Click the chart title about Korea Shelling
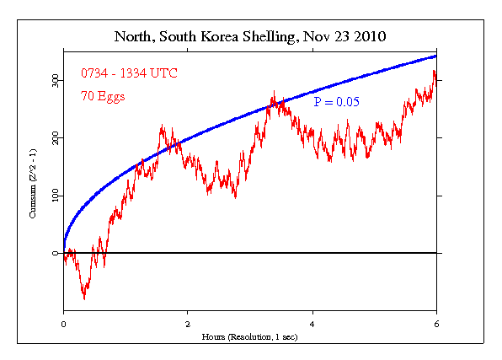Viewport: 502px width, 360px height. (250, 38)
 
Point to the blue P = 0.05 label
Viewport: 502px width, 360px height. (336, 101)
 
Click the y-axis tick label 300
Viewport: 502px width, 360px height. (53, 79)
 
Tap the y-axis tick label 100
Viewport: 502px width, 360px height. (53, 196)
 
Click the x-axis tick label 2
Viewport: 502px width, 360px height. (188, 323)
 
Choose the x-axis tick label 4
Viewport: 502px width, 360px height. (312, 323)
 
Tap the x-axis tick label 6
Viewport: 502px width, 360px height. (436, 323)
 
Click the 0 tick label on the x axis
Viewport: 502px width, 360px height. (64, 323)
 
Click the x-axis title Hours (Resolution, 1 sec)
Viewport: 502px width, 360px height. (250, 336)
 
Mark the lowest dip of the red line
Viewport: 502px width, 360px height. (83, 298)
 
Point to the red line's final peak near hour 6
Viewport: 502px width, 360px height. (434, 72)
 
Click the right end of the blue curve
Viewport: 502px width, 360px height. (436, 56)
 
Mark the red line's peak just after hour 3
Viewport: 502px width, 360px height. (273, 93)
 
